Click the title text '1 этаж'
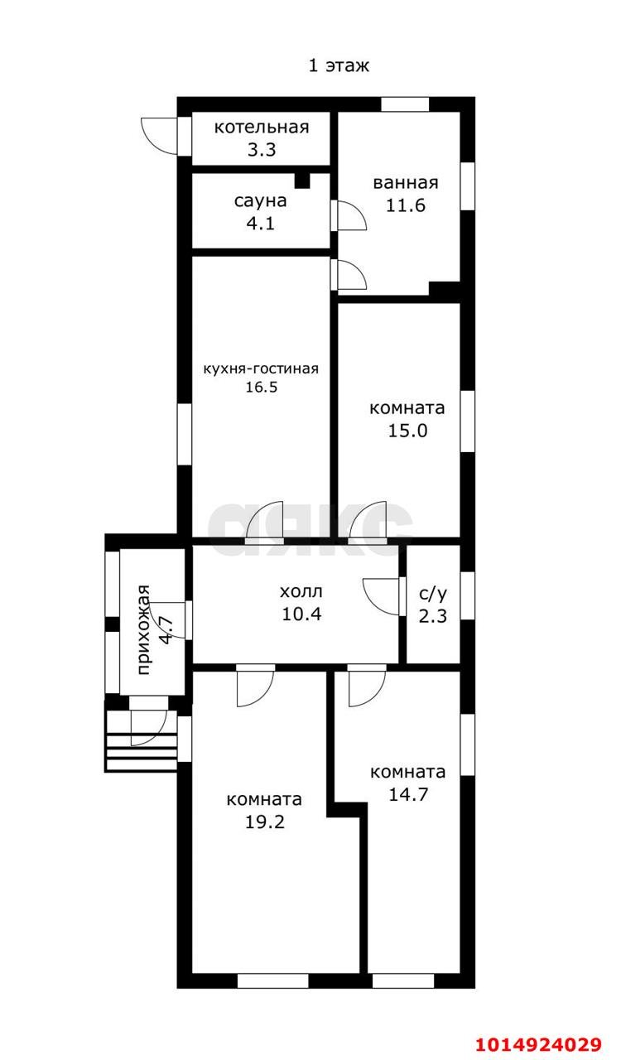pos(339,65)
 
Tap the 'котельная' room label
pos(262,128)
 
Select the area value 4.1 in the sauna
pos(261,223)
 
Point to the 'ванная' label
pos(406,183)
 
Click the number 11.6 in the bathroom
pos(406,205)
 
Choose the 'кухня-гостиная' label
pos(261,369)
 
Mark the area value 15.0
pos(407,431)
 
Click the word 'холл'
pos(301,591)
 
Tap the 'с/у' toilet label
pos(433,594)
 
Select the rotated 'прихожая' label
pos(144,629)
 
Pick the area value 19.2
pos(265,822)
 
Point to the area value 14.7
pos(408,794)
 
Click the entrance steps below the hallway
pos(142,741)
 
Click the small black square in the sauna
pos(302,181)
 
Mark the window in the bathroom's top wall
pos(405,104)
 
